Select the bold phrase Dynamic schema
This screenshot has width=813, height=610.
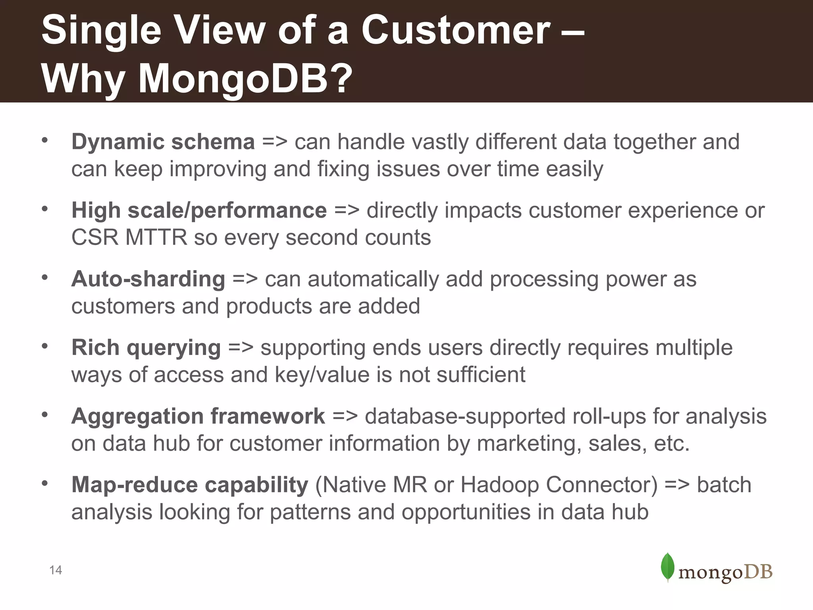point(163,142)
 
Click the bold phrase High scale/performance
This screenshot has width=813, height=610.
point(199,210)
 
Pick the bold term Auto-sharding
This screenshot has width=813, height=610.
point(148,279)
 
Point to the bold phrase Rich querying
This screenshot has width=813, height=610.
point(146,348)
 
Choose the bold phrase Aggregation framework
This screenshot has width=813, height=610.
point(198,417)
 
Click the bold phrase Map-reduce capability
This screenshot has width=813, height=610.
point(189,485)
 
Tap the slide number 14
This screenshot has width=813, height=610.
point(56,570)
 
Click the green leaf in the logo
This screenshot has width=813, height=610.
point(668,567)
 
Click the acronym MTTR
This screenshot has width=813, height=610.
point(156,238)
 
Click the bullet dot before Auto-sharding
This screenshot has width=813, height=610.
point(45,277)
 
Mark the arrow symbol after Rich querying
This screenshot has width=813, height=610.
point(241,348)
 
